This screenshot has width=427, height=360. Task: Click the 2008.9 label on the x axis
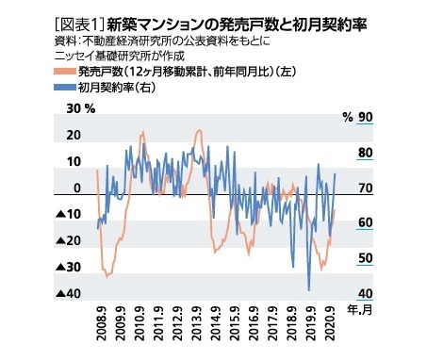[100, 321]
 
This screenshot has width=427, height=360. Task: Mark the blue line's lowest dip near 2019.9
[309, 290]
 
